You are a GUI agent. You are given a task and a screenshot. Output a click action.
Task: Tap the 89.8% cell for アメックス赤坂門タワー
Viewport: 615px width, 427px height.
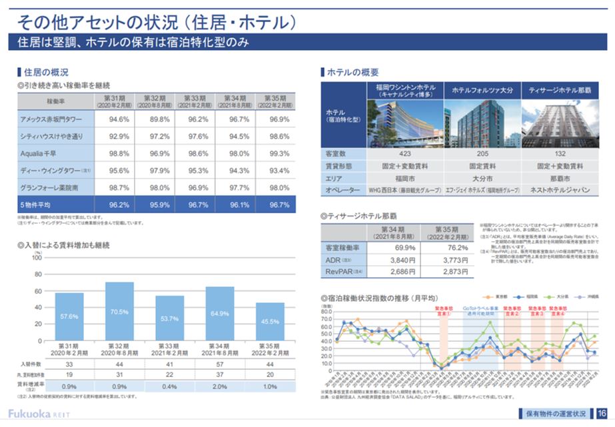click(155, 119)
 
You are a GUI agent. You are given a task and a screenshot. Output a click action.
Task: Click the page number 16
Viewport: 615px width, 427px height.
click(602, 412)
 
